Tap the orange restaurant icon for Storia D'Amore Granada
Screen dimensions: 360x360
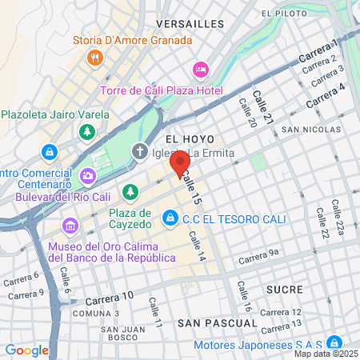pyautogui.click(x=95, y=57)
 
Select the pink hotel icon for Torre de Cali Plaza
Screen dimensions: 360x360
pyautogui.click(x=201, y=70)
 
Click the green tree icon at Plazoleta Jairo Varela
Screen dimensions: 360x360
pyautogui.click(x=86, y=130)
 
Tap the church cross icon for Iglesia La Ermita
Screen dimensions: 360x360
pyautogui.click(x=140, y=152)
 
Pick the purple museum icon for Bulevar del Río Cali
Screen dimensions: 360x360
pyautogui.click(x=86, y=175)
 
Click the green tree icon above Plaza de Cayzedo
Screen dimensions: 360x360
pyautogui.click(x=130, y=192)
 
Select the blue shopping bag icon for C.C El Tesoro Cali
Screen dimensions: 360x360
pyautogui.click(x=170, y=217)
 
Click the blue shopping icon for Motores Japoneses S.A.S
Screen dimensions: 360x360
pyautogui.click(x=335, y=342)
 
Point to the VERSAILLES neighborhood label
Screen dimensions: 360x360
pyautogui.click(x=190, y=25)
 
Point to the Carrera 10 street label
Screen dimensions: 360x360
pyautogui.click(x=106, y=297)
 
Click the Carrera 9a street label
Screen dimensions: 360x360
pyautogui.click(x=258, y=258)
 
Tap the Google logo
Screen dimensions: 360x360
pyautogui.click(x=26, y=350)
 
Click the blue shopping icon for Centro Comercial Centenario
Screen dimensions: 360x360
pyautogui.click(x=50, y=152)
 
